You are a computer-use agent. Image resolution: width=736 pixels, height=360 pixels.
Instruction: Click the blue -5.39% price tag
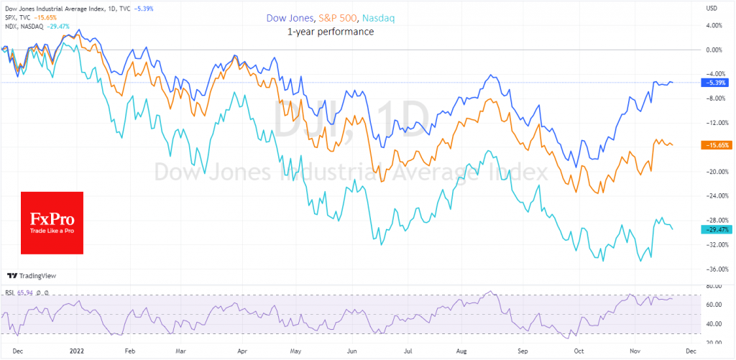point(714,83)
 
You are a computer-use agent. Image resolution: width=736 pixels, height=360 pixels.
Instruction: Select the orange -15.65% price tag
point(714,145)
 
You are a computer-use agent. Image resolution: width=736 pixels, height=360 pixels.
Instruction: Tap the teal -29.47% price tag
point(714,229)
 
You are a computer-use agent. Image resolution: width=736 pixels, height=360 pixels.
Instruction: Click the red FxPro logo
point(52,223)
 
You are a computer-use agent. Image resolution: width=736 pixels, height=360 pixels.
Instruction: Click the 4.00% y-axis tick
point(714,25)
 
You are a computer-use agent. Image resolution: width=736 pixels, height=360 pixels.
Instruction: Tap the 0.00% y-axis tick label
point(714,50)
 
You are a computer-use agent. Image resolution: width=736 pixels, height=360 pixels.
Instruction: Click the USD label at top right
point(712,8)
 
